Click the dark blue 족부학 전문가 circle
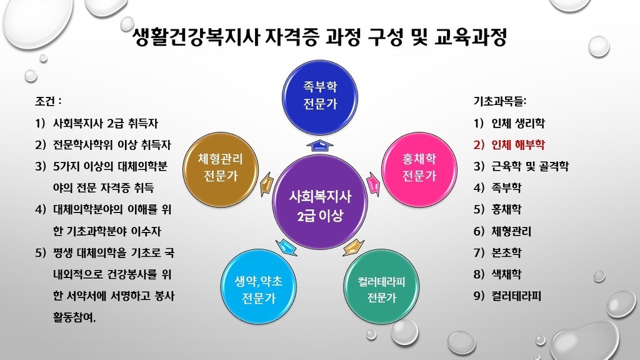tap(320, 97)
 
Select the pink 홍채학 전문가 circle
tap(419, 169)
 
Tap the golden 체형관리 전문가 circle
tap(221, 169)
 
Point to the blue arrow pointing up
tap(320, 146)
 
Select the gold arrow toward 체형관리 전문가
tap(267, 184)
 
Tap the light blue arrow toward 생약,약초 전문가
tap(286, 247)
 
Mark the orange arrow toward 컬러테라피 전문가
tap(353, 247)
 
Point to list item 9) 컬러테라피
tap(507, 296)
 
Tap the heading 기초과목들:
tap(500, 101)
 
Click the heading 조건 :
tap(48, 101)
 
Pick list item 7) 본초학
tap(497, 252)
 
